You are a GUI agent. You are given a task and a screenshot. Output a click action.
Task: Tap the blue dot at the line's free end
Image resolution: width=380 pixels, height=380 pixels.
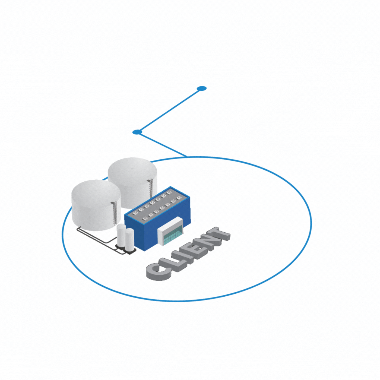click(201, 88)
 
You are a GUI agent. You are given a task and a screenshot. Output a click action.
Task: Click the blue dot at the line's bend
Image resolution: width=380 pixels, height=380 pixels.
click(137, 132)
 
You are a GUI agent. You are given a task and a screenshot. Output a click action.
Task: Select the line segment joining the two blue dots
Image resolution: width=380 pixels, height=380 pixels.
click(169, 110)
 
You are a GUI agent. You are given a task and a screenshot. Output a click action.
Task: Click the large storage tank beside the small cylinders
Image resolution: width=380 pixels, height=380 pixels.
click(96, 205)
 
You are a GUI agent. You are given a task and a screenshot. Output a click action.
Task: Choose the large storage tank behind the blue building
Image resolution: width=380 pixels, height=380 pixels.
click(132, 182)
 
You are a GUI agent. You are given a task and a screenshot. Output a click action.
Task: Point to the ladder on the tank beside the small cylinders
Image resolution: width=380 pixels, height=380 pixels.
click(114, 214)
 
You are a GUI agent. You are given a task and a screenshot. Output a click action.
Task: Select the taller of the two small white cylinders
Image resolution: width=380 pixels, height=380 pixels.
click(121, 235)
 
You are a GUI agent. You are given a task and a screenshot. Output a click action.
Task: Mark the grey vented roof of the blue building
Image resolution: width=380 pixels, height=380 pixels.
click(157, 205)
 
